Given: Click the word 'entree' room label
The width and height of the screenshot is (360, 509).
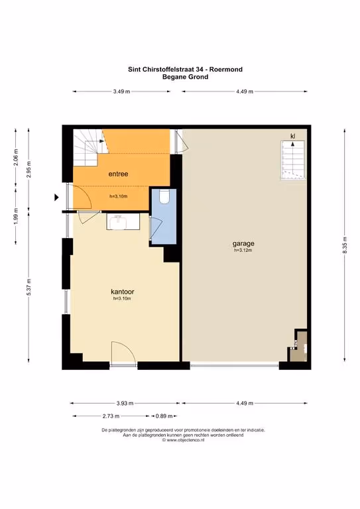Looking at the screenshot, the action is click(118, 174).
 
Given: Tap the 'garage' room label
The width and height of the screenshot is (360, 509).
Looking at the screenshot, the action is click(243, 243).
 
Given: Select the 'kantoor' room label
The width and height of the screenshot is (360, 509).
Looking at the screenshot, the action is click(123, 292).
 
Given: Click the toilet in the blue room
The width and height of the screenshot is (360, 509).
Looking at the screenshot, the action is click(164, 197).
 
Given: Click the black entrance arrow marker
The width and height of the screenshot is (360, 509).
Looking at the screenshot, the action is click(56, 197).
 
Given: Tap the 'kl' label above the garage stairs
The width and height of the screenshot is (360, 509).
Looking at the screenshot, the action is click(293, 136).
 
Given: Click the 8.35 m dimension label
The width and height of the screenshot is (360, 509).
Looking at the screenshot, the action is click(345, 245).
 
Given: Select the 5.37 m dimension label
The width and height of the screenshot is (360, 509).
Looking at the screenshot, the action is click(29, 287).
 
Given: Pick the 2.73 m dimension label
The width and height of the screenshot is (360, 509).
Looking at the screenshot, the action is click(111, 416).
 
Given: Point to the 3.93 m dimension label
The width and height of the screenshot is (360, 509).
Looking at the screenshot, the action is click(125, 404).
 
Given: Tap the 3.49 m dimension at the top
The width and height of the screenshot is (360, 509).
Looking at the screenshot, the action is click(121, 91).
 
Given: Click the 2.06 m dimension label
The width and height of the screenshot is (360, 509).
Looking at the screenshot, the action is click(16, 157).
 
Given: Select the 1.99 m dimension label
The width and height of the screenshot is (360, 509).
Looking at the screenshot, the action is click(16, 217).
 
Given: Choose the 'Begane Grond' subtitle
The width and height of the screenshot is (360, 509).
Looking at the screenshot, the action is click(185, 77).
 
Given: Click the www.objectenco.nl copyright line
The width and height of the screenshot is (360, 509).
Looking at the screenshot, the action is click(183, 440).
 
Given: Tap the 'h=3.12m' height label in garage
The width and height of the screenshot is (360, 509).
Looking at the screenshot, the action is click(243, 251).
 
